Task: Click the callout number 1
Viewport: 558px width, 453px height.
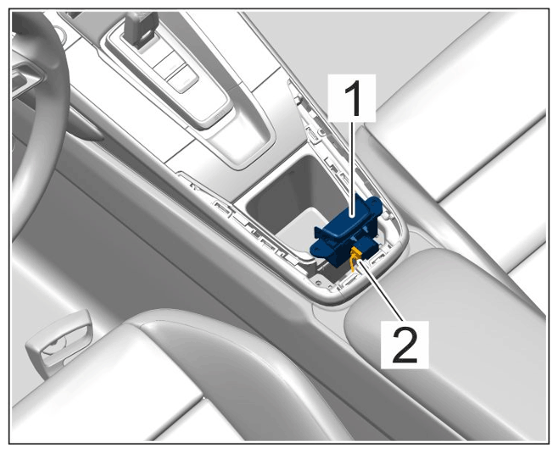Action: (352, 98)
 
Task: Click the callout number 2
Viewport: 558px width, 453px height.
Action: (405, 345)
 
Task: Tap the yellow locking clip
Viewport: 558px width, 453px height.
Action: (354, 258)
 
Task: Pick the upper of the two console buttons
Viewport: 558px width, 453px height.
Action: (168, 64)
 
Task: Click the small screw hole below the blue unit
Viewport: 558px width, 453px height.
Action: (317, 283)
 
